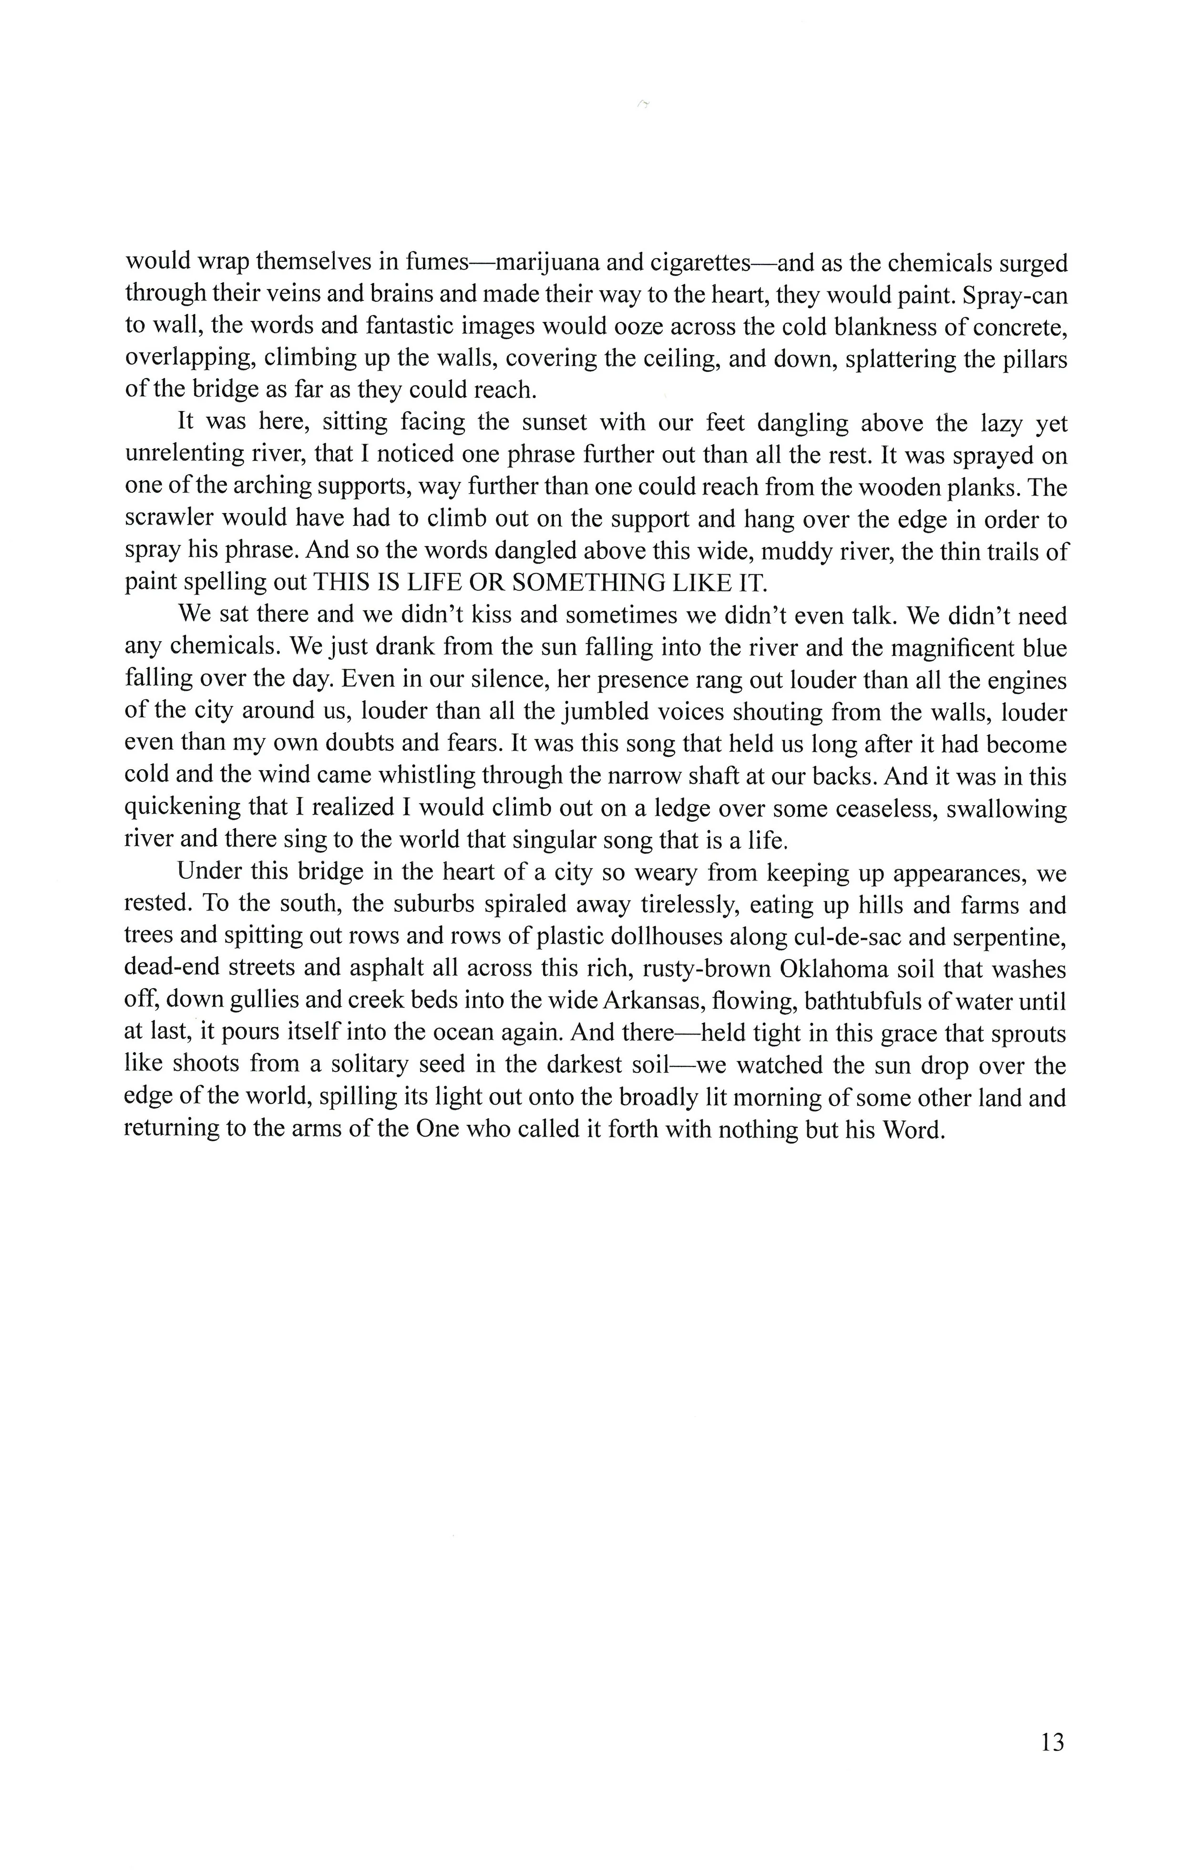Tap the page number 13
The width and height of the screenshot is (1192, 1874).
point(1051,1742)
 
